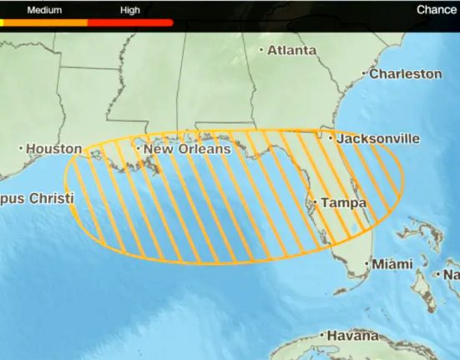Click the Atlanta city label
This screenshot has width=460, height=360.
292,50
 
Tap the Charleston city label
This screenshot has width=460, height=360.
406,74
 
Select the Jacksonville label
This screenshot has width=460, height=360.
377,139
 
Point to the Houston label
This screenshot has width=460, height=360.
54,149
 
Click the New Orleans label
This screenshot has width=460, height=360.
186,149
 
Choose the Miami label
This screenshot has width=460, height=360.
392,264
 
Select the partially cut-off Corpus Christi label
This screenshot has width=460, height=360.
37,199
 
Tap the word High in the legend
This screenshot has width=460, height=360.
130,10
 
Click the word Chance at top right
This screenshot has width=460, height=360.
437,10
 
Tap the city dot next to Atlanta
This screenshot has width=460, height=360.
261,50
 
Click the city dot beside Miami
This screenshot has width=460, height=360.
366,264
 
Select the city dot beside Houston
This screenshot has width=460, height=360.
21,149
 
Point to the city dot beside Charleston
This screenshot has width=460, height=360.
364,74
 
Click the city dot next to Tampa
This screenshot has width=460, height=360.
316,202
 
